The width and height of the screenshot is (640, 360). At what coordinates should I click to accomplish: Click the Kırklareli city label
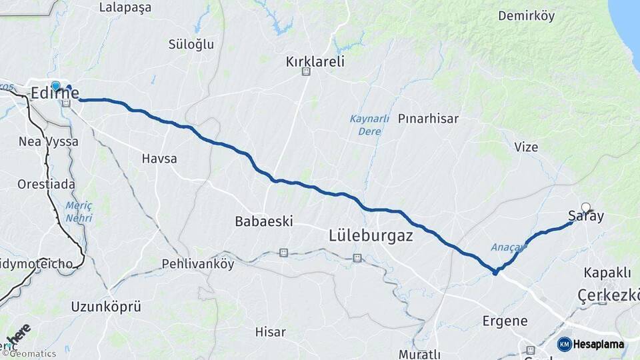point(315,61)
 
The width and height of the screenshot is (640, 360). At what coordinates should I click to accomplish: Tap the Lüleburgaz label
point(371,236)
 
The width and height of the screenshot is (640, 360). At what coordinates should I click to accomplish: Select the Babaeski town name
point(264,221)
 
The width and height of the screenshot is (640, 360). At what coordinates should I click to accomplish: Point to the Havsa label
point(159,159)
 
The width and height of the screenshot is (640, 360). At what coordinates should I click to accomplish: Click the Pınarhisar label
point(428,119)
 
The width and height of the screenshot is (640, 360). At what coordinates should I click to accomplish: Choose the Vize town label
point(526,147)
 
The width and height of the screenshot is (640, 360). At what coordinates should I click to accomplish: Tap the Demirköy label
point(526,16)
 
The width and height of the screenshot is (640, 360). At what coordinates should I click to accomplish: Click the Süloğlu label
point(191,44)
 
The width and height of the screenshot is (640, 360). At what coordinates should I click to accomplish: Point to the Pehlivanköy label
point(198,264)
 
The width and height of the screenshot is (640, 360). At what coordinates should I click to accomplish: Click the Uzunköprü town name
point(106,307)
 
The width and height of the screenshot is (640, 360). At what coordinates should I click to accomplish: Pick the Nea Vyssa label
point(49,141)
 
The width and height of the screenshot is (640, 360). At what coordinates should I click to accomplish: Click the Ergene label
point(505,321)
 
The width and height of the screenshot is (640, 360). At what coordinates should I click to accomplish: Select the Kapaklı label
point(607,273)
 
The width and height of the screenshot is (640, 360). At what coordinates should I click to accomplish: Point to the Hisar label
point(270,331)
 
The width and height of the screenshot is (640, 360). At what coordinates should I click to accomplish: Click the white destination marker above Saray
point(585,207)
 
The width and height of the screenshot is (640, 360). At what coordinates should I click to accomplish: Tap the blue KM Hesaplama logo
point(591,344)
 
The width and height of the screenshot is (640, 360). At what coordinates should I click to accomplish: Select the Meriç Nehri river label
point(78,212)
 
